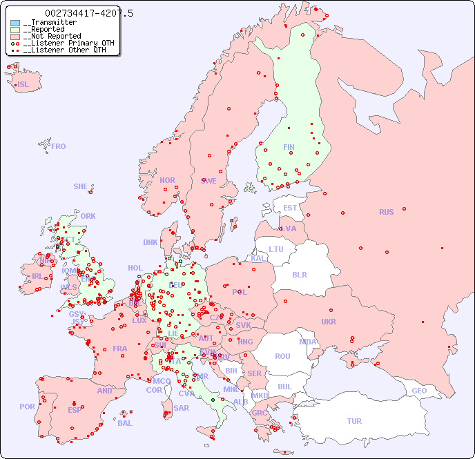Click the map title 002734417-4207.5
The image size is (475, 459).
coord(89,13)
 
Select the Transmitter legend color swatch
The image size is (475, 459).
coord(15,23)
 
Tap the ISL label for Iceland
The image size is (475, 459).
coord(23,85)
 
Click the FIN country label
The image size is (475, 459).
coord(289,147)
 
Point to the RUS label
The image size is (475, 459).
coord(386,212)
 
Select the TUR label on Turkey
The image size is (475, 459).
coord(354,421)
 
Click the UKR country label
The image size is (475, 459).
coord(329,322)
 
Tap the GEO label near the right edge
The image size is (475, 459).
coord(419,391)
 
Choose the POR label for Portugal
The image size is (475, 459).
coord(27,407)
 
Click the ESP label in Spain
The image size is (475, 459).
coord(75,409)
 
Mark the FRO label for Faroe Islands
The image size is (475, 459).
coord(59,146)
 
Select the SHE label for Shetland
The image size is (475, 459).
coord(81,186)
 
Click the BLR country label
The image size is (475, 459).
coord(300,274)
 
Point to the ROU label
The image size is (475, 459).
coord(282,356)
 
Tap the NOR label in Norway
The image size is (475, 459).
coord(167,180)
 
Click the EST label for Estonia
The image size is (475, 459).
coord(290,208)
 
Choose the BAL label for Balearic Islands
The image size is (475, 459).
coord(124,423)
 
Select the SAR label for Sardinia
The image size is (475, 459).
coord(181,408)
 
